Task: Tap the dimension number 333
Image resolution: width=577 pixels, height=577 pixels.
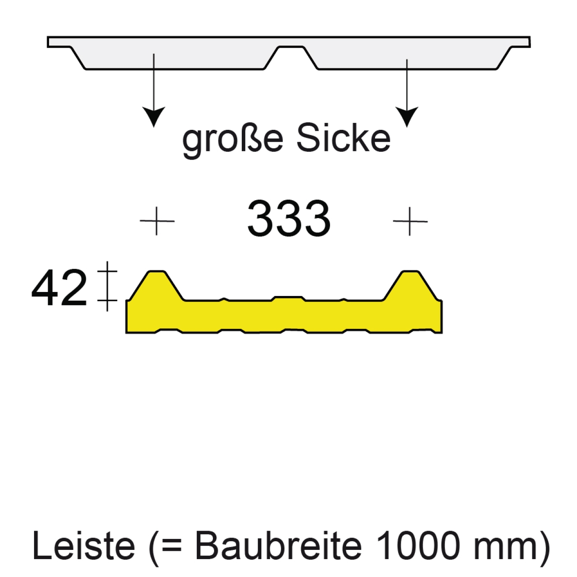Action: click(288, 219)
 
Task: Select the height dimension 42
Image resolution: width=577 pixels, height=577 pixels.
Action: click(59, 288)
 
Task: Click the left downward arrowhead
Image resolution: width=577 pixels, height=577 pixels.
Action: click(153, 116)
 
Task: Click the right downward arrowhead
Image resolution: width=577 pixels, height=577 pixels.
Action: click(407, 116)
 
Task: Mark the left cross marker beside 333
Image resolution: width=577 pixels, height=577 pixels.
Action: click(156, 221)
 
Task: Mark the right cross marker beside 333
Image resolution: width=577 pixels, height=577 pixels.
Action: click(410, 221)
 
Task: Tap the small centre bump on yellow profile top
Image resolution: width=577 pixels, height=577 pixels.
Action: click(288, 299)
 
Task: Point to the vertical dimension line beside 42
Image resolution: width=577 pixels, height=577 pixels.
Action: click(108, 286)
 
